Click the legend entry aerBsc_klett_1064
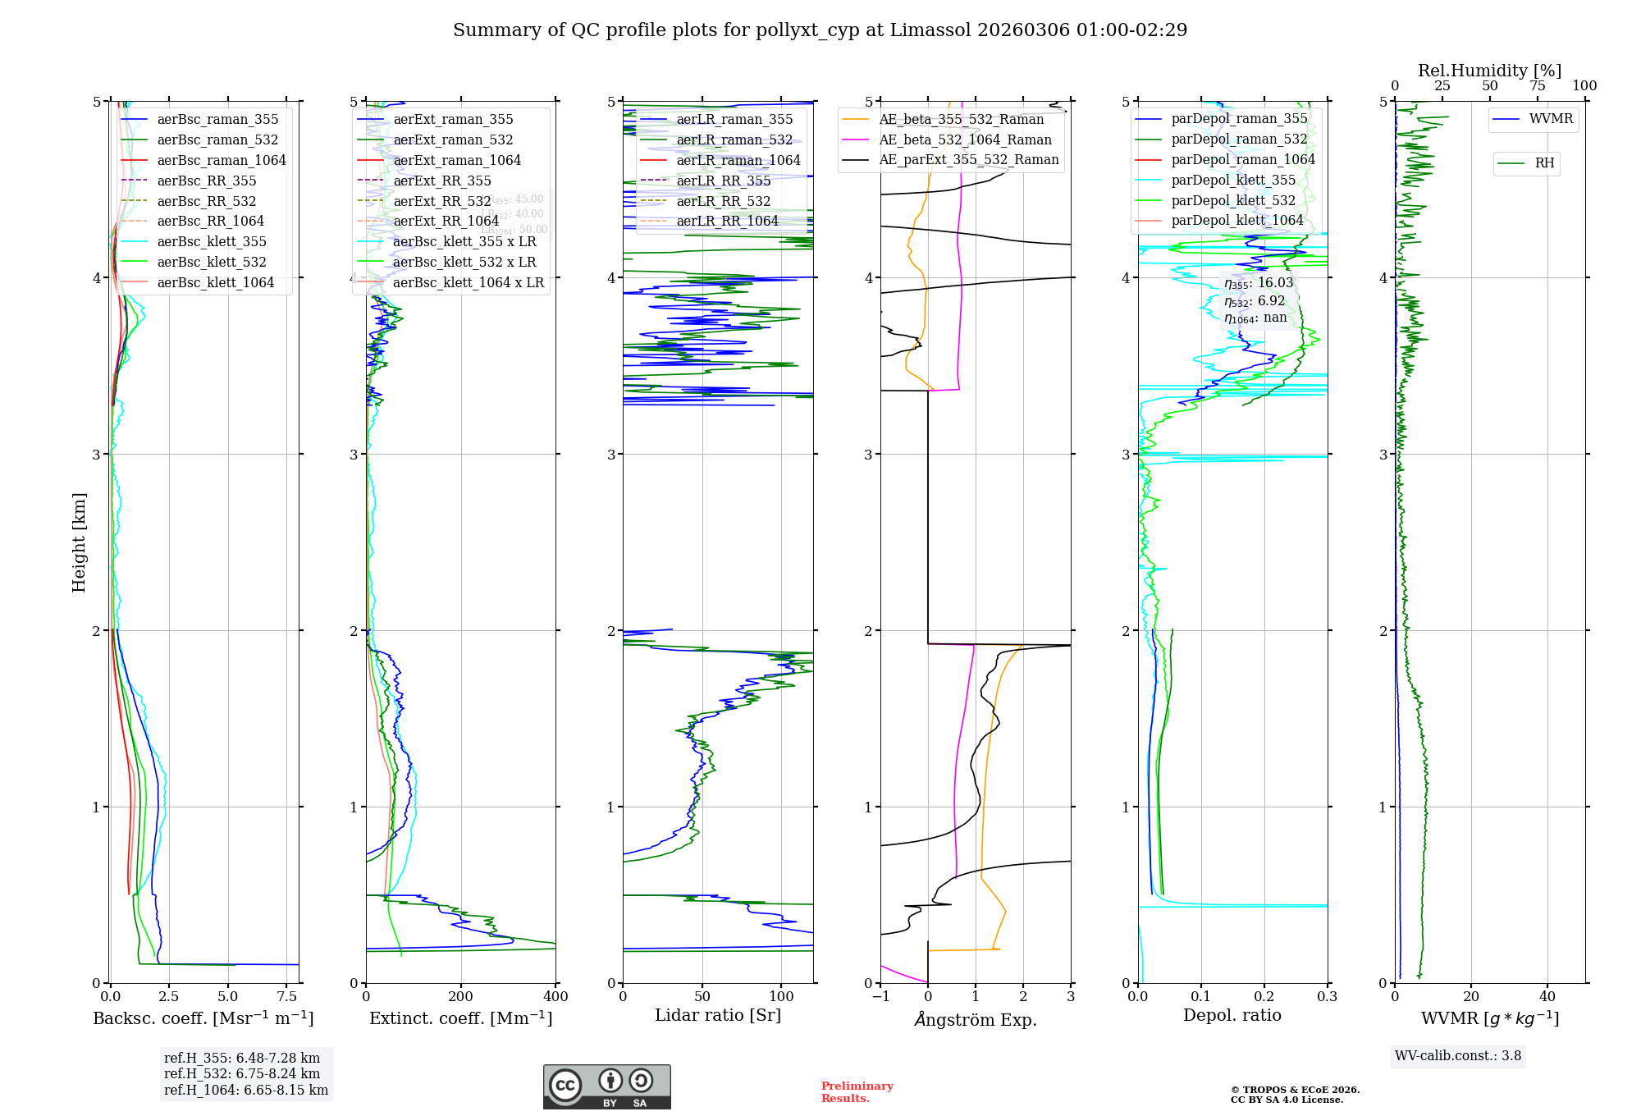(x=215, y=282)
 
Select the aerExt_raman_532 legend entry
(x=453, y=139)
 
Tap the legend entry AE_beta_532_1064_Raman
(x=965, y=139)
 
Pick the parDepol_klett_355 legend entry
(x=1233, y=180)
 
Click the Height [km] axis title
(x=79, y=542)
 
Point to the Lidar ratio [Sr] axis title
(x=718, y=1015)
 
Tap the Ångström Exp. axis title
(x=976, y=1019)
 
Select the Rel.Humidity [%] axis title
(x=1490, y=71)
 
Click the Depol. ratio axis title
(x=1232, y=1015)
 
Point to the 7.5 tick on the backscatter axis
(x=287, y=997)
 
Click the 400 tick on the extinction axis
(x=556, y=997)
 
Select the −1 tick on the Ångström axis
(x=880, y=997)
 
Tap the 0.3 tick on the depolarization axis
(x=1328, y=997)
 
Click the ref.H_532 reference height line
(x=242, y=1073)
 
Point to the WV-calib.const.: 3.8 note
(x=1458, y=1056)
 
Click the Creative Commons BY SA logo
(x=606, y=1086)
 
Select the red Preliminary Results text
(x=857, y=1092)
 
